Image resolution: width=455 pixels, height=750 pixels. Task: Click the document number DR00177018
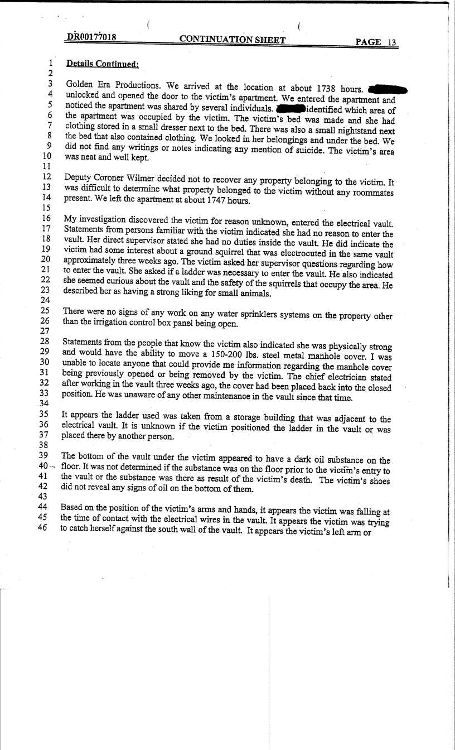pos(91,37)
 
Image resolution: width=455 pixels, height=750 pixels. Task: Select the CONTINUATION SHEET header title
pos(233,40)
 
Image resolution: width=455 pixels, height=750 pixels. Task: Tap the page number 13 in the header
pos(392,42)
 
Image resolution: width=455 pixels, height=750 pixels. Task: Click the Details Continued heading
pos(102,64)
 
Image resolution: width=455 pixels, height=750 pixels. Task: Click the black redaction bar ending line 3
pos(388,89)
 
